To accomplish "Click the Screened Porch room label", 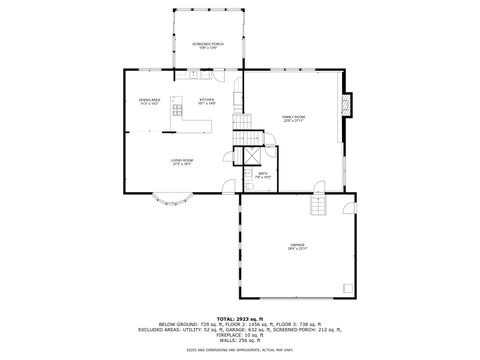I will (x=209, y=45).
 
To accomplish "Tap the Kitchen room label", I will (x=206, y=101).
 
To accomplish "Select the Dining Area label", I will (x=150, y=101).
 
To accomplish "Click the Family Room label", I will (x=293, y=118).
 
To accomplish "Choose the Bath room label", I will (x=263, y=175).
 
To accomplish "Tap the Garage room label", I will (x=297, y=247).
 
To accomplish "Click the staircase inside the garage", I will (x=317, y=205).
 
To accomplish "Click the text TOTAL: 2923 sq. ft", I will (x=240, y=318).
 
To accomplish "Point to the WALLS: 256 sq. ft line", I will (x=240, y=340).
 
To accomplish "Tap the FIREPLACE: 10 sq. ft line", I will (x=240, y=334).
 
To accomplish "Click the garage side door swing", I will (x=348, y=206).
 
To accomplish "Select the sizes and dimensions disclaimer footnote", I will (x=240, y=350).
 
